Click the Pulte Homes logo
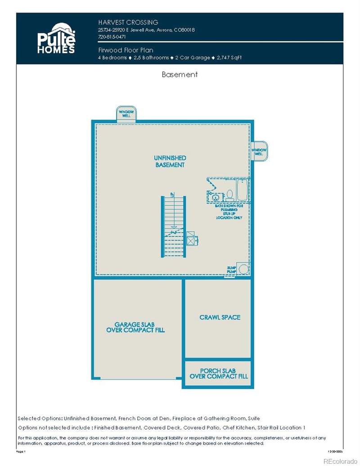point(56,38)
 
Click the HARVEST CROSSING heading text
point(128,22)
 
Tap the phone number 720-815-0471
point(112,37)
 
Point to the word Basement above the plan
point(180,75)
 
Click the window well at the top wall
point(126,113)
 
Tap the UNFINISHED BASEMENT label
point(170,162)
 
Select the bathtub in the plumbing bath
point(242,190)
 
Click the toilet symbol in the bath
point(229,195)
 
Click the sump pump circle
point(243,269)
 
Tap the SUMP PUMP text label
point(231,270)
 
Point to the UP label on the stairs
point(172,195)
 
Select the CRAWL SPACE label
point(220,317)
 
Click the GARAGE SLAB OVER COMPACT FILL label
point(135,327)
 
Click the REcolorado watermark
point(340,461)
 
